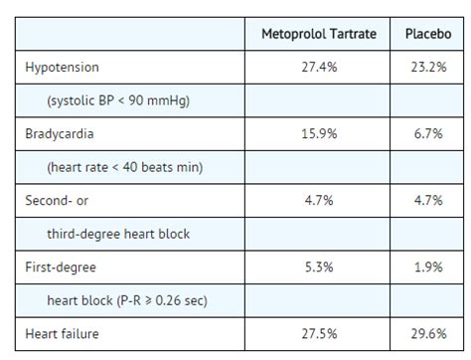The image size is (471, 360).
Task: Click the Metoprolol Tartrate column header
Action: pos(319,34)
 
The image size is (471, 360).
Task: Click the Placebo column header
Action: pos(426,34)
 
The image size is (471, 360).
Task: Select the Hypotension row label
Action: pos(63,68)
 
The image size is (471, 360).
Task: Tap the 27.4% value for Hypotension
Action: pos(319,68)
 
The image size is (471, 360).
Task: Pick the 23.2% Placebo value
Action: pos(426,68)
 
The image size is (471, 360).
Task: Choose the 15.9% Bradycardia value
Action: pos(319,133)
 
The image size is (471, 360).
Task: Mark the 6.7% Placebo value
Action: pos(426,133)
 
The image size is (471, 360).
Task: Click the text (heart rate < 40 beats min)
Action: pos(124,167)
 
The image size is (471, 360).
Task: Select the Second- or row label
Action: pos(57,200)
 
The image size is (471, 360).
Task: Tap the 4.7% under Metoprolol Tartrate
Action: pos(319,200)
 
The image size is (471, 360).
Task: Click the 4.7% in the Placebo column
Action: pos(426,200)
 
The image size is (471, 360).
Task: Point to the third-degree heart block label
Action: pos(118,234)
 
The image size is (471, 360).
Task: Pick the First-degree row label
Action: pos(60,267)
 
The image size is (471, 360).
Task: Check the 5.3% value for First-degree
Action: pos(319,267)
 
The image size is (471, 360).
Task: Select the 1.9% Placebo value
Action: pos(426,267)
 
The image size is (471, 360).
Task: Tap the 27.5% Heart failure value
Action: pos(319,334)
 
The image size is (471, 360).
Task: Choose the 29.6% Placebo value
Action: pos(426,334)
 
